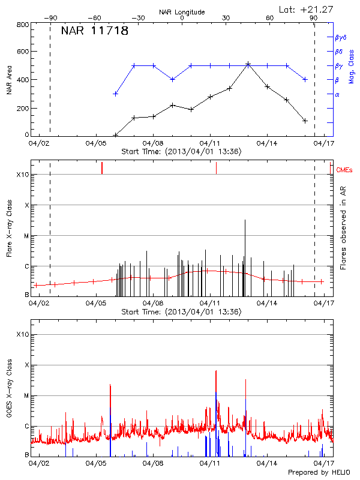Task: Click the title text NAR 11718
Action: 95,31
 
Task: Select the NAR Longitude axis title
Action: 182,11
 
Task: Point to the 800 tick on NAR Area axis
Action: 23,25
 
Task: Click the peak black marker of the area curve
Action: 248,64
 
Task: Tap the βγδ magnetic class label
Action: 340,37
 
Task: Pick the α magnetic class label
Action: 337,94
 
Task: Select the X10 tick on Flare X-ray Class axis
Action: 22,175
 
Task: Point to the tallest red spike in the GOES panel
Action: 215,372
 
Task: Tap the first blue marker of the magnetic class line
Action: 115,94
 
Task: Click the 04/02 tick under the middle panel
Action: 39,304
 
